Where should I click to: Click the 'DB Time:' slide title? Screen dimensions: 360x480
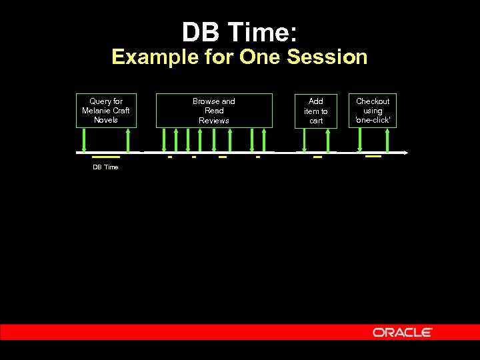pyautogui.click(x=239, y=32)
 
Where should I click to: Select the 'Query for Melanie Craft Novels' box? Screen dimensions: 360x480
pyautogui.click(x=105, y=111)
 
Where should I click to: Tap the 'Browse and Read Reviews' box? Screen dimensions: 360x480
pyautogui.click(x=214, y=111)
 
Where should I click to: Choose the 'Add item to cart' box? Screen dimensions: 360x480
pyautogui.click(x=316, y=111)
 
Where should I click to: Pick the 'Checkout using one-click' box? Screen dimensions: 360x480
pyautogui.click(x=373, y=111)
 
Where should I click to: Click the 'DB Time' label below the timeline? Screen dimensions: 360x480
pyautogui.click(x=105, y=167)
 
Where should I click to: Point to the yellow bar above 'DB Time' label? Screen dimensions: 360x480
pyautogui.click(x=105, y=157)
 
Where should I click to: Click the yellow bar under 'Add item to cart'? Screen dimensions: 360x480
pyautogui.click(x=317, y=157)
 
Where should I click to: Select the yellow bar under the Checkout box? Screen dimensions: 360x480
pyautogui.click(x=373, y=156)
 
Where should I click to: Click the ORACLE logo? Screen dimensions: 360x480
pyautogui.click(x=403, y=332)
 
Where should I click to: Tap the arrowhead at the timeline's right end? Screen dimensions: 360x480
pyautogui.click(x=405, y=153)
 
